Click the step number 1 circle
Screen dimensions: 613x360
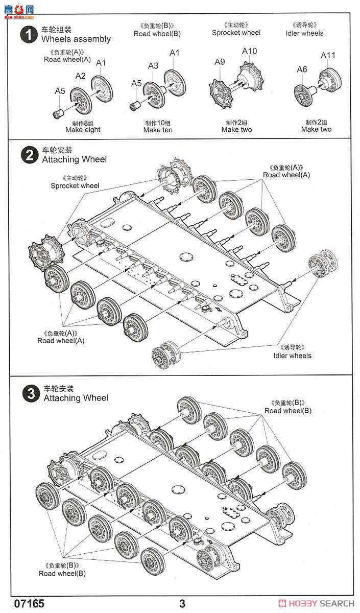click(x=28, y=35)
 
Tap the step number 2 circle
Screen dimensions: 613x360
click(x=28, y=155)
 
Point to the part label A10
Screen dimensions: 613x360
click(x=249, y=51)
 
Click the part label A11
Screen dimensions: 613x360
click(x=328, y=55)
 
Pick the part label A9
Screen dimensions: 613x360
click(x=220, y=62)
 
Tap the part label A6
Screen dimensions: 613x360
click(x=302, y=69)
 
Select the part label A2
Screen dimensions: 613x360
click(x=81, y=76)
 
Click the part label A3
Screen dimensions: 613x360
click(x=153, y=65)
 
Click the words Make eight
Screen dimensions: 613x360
click(x=83, y=130)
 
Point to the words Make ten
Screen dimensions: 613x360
click(x=158, y=130)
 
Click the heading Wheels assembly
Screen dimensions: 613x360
click(x=76, y=39)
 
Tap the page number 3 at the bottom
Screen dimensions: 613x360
click(x=182, y=604)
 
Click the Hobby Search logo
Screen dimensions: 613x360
click(x=319, y=603)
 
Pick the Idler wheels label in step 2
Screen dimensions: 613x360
click(x=292, y=356)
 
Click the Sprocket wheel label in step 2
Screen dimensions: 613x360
click(x=75, y=185)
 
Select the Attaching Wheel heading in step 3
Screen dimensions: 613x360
click(x=76, y=397)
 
